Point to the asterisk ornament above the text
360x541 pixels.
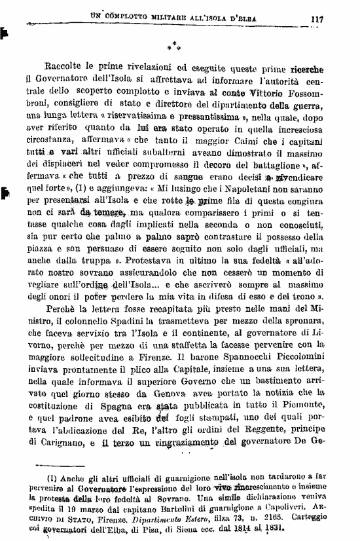(x=171, y=47)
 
